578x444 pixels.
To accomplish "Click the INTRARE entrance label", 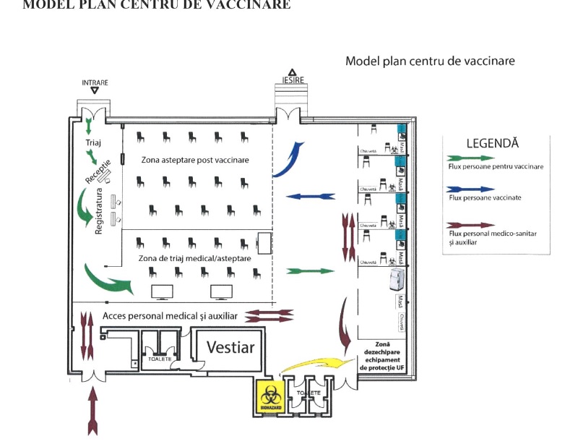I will pos(95,83).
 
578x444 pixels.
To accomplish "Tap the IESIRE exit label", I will pos(292,80).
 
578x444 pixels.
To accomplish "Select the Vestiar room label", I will pos(230,347).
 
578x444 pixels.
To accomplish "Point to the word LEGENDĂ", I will pos(492,143).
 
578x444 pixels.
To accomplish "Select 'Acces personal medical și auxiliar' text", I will pos(170,316).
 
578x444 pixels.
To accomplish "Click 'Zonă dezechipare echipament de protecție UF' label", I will pos(382,357).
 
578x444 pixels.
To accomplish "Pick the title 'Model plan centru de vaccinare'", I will pos(430,61).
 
